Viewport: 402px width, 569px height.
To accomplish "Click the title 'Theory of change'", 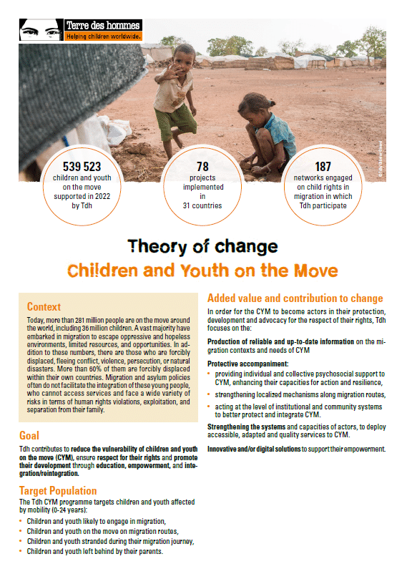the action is (x=202, y=248).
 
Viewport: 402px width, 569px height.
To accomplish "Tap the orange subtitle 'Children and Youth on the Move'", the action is (x=203, y=271).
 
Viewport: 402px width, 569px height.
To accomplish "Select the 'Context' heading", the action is (x=44, y=306).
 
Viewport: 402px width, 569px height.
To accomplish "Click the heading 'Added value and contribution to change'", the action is (x=295, y=298).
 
